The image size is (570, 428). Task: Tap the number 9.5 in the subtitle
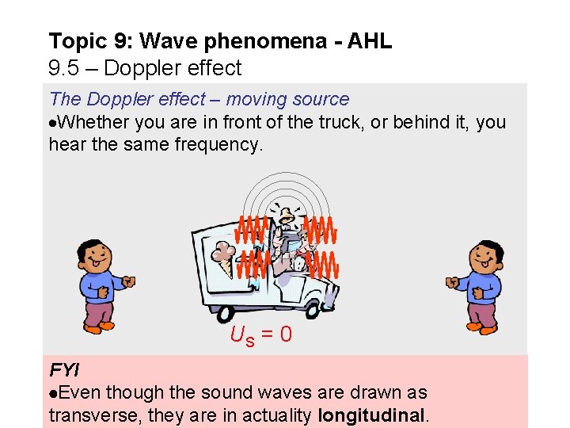click(x=63, y=68)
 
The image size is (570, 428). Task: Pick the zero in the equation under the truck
click(x=286, y=335)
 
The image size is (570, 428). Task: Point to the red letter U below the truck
click(x=237, y=335)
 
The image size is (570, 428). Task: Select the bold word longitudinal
click(x=371, y=415)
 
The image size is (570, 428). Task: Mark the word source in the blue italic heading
click(x=317, y=99)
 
